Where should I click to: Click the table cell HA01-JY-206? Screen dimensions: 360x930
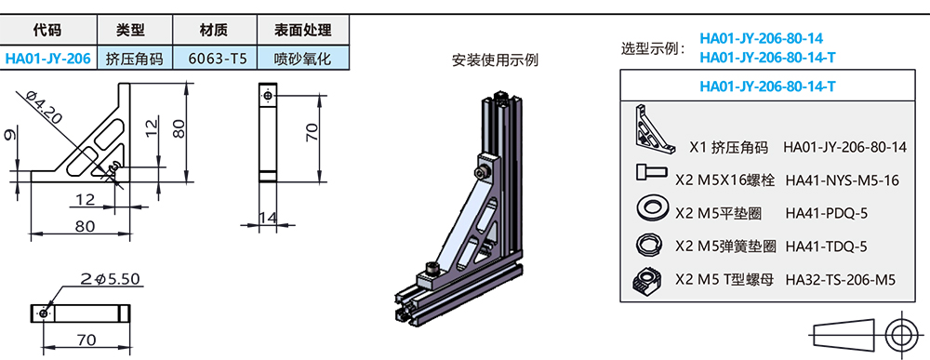click(47, 58)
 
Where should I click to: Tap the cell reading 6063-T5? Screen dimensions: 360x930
click(218, 58)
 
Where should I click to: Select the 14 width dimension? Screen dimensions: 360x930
click(268, 219)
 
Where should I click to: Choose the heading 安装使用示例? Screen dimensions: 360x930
click(495, 61)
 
